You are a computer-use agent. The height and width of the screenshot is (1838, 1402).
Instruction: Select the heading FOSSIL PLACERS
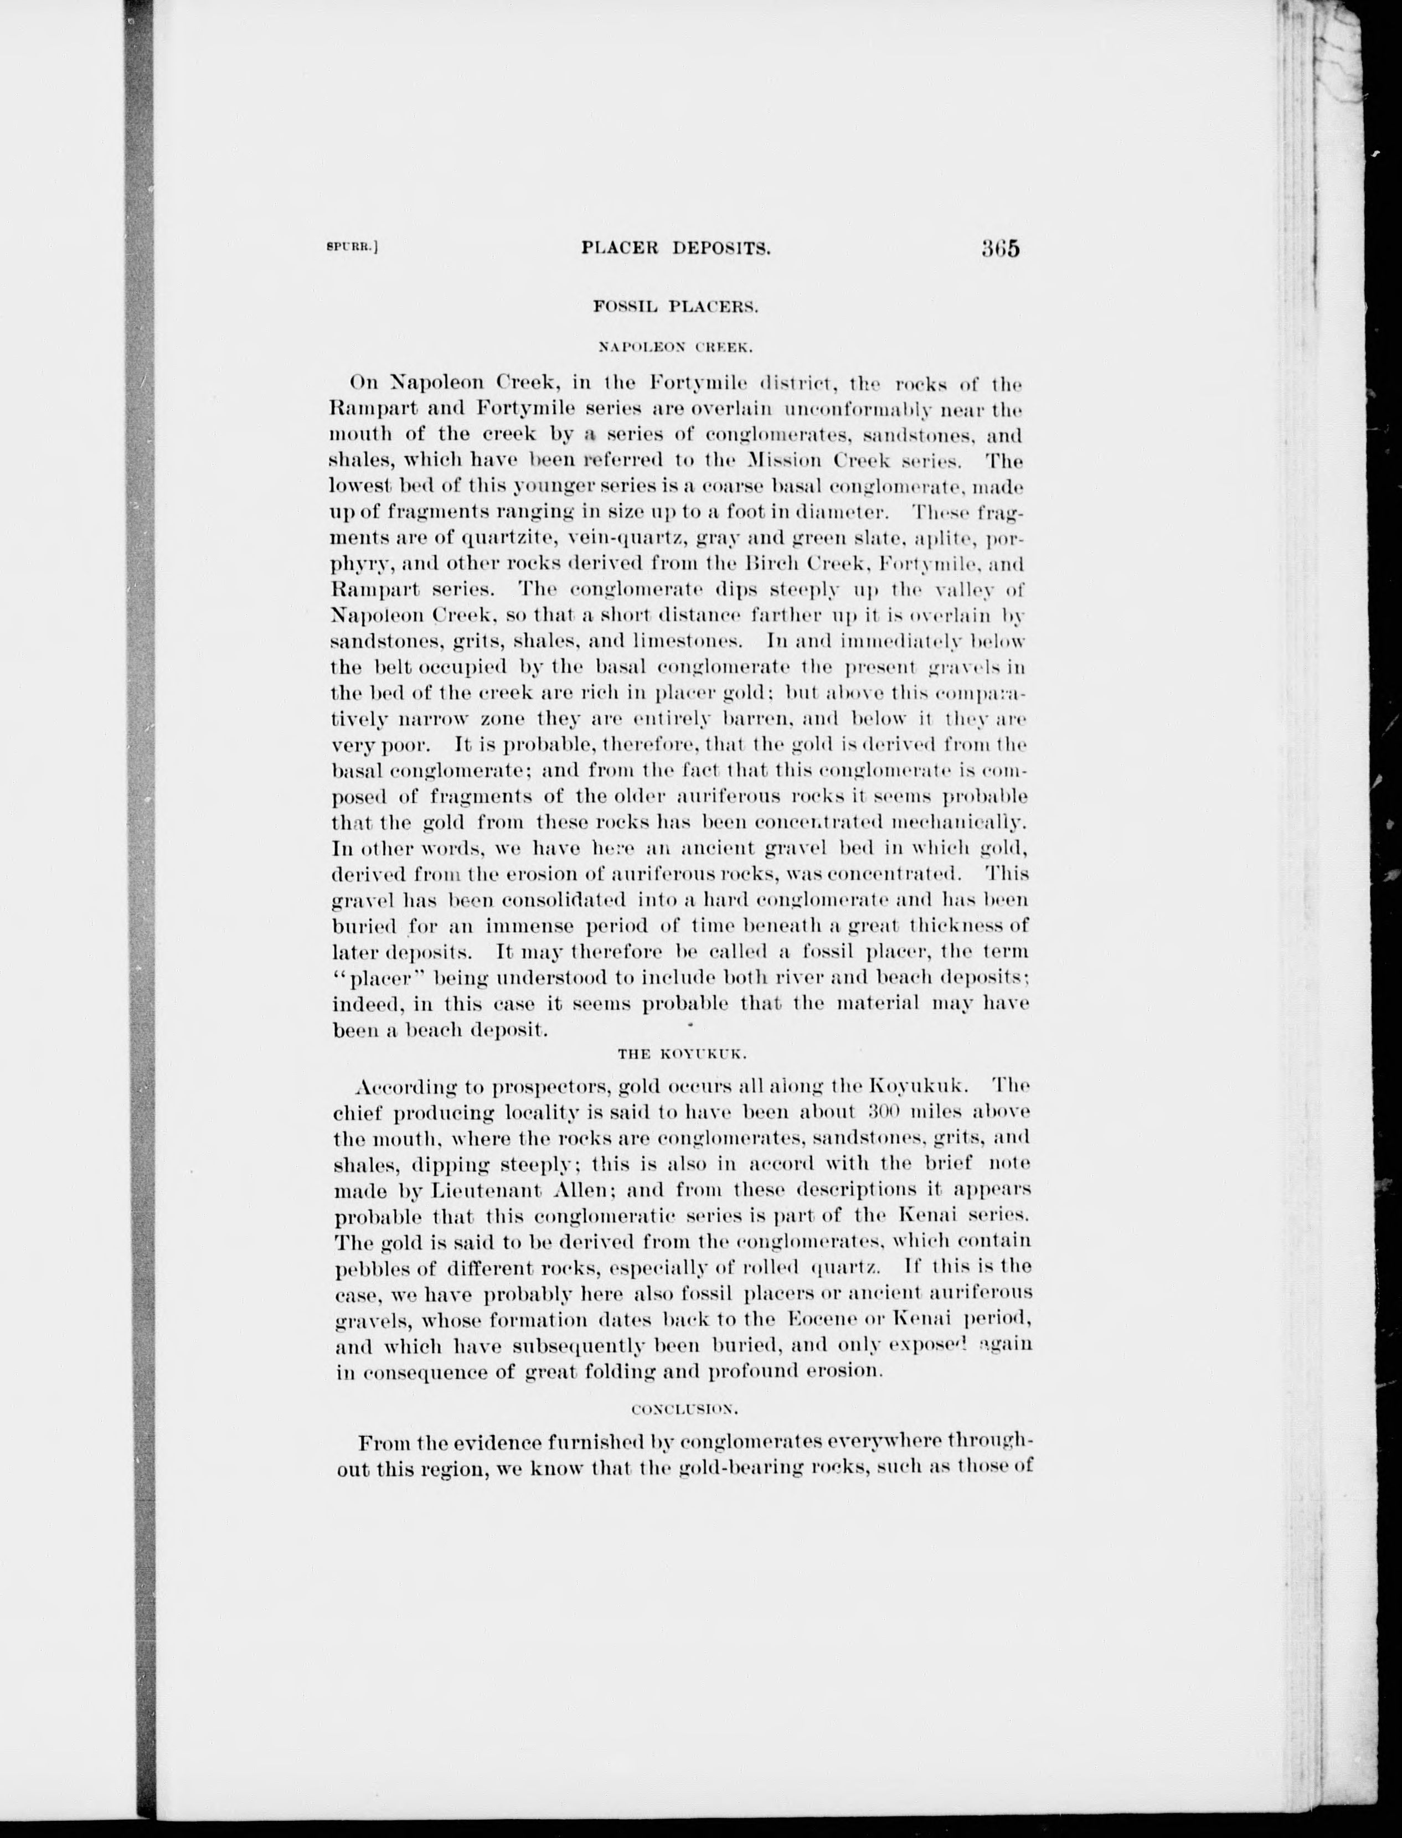[675, 307]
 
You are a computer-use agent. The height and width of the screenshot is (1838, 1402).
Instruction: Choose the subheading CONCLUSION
[683, 1409]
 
